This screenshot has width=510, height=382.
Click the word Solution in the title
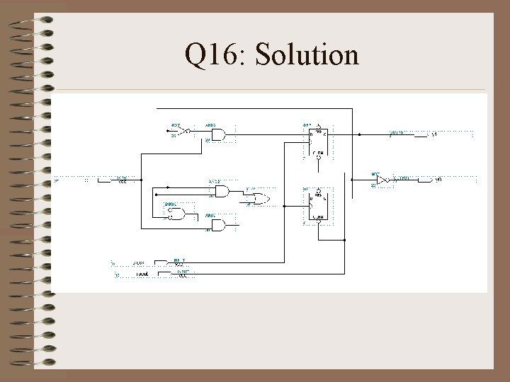click(x=307, y=55)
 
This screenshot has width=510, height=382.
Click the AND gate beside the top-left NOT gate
click(x=217, y=134)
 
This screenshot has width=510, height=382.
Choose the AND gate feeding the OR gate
click(x=222, y=191)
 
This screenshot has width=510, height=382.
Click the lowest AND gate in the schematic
click(x=217, y=225)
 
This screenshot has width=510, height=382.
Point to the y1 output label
click(x=435, y=134)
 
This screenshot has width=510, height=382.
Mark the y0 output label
click(x=438, y=180)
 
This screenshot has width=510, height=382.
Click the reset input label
click(x=142, y=274)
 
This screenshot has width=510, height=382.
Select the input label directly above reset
click(x=140, y=263)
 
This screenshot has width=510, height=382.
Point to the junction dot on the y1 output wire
click(x=360, y=134)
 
